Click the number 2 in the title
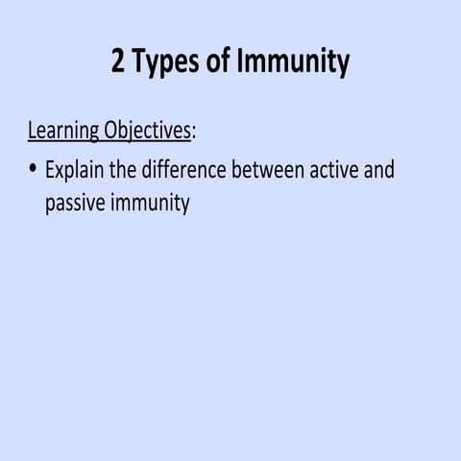coord(120,62)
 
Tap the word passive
coord(75,204)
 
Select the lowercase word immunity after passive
coord(149,205)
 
